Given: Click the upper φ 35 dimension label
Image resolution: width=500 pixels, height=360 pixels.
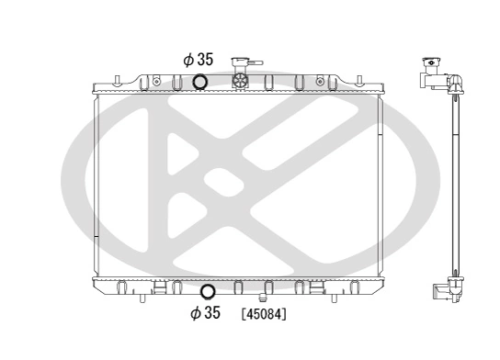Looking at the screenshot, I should click(x=198, y=60).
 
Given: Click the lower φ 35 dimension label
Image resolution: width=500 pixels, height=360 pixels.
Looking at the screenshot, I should click(x=205, y=313).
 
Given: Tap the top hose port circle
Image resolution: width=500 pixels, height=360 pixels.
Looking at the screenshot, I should click(x=199, y=83).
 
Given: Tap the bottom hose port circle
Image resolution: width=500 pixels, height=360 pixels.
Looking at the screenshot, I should click(x=208, y=293).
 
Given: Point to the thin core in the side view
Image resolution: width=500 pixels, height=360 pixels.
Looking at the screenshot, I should click(x=452, y=184).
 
